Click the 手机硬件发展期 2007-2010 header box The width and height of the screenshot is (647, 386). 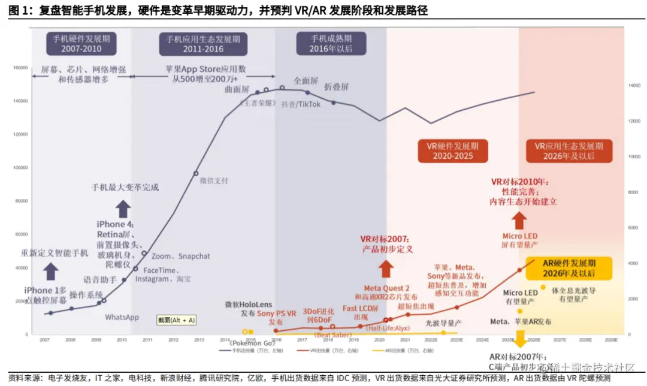(81, 43)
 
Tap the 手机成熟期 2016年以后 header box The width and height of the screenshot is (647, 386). (331, 43)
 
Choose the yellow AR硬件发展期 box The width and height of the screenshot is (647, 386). (570, 268)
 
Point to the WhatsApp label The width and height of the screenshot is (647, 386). (122, 317)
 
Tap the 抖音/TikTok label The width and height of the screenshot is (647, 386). (301, 104)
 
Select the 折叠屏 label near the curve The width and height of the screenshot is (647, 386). (336, 87)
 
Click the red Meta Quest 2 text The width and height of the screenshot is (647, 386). (387, 288)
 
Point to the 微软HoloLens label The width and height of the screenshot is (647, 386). (249, 304)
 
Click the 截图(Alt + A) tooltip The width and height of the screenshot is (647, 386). (176, 320)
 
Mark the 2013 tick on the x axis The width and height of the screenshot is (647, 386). (199, 340)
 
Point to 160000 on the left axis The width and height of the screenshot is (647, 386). (20, 68)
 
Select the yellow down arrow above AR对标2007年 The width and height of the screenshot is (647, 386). (519, 339)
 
